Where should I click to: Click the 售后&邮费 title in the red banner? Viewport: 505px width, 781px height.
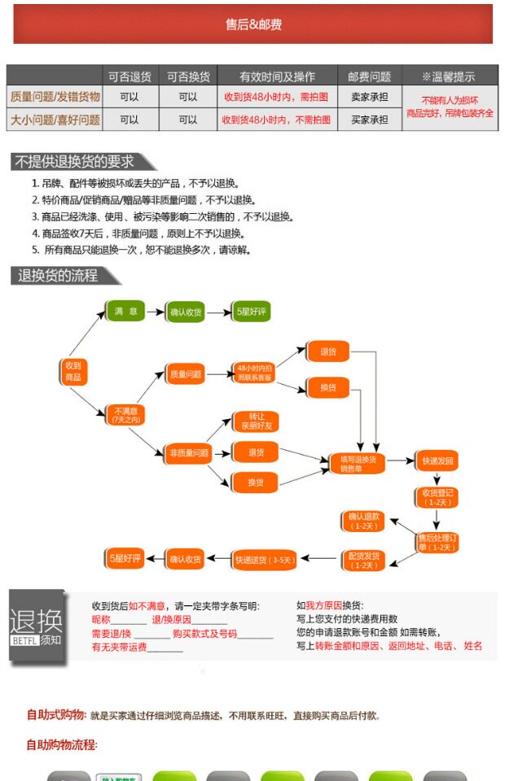(253, 25)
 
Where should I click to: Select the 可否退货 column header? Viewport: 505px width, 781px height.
(130, 76)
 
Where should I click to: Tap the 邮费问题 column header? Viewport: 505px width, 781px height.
(369, 76)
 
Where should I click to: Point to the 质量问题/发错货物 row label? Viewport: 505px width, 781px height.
(55, 97)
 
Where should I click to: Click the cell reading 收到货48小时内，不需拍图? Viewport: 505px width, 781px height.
(276, 120)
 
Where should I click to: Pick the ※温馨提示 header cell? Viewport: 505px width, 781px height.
(449, 76)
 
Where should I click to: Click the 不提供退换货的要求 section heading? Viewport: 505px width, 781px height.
(75, 162)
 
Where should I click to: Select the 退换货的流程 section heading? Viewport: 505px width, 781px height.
(59, 276)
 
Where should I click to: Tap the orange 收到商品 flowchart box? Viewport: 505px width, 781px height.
(73, 372)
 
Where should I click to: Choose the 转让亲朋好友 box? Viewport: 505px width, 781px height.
(256, 421)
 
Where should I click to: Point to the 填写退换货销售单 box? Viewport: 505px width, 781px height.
(356, 463)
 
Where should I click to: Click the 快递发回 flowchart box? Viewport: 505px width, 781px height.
(437, 460)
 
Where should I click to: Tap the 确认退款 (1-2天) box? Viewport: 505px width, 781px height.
(363, 521)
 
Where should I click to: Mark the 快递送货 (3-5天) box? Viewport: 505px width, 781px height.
(265, 560)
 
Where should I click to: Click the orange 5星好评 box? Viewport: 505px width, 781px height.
(126, 559)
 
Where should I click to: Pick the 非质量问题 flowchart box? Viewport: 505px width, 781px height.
(189, 452)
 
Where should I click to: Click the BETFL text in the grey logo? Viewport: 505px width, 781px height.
(23, 640)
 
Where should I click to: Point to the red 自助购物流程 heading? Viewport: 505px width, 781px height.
(61, 744)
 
